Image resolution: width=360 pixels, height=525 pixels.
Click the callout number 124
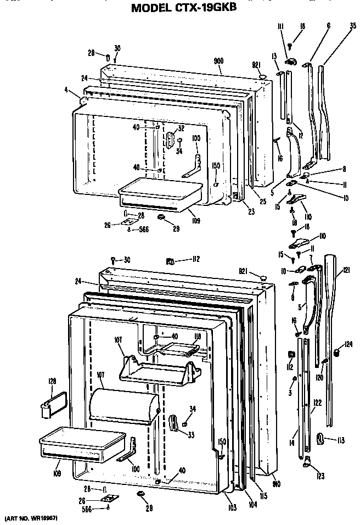(x=347, y=344)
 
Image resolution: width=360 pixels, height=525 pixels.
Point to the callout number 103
(x=232, y=508)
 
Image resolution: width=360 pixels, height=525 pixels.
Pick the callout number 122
(x=317, y=403)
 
